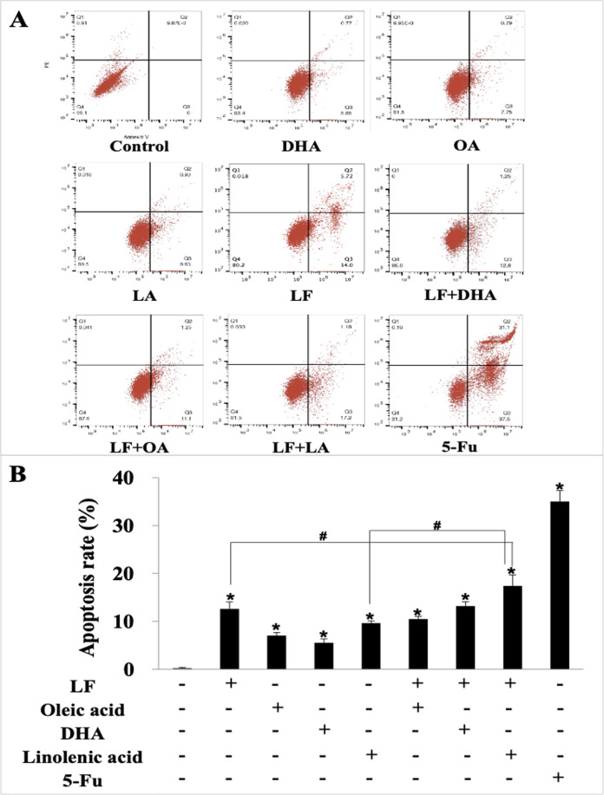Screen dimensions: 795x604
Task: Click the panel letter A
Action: (x=17, y=19)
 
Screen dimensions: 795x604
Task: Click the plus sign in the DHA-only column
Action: (x=324, y=731)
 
